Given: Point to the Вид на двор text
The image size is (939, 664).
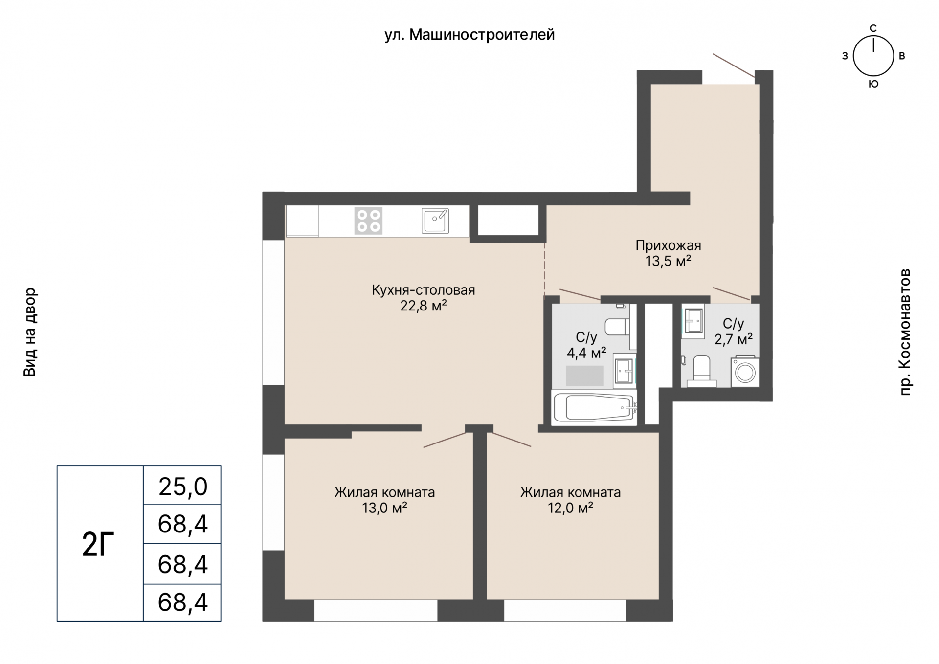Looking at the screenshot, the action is (30, 332).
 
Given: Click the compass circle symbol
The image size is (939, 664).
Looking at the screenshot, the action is (873, 56).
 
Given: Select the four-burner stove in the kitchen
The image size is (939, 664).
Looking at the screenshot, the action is (368, 221).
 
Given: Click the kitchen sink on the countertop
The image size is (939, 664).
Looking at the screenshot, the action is (435, 221).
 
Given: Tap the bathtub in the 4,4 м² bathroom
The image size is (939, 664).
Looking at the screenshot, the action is (594, 407).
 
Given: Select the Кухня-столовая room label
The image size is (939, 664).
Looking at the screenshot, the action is (424, 290).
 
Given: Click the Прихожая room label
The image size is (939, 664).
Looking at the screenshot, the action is (668, 245).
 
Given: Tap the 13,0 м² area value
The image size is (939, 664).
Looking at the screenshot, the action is (385, 508).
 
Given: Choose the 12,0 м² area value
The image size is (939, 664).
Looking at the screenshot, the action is (571, 508).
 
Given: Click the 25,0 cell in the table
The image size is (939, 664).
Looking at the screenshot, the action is (183, 487).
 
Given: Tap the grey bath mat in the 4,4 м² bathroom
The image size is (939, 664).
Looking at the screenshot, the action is (584, 376).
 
